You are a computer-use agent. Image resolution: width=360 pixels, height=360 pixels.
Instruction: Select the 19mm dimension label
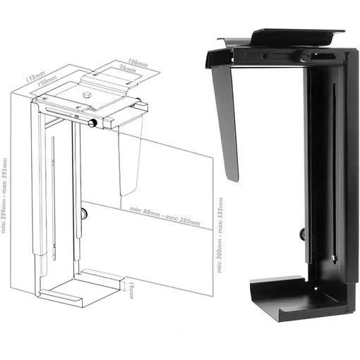pos(132,288)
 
